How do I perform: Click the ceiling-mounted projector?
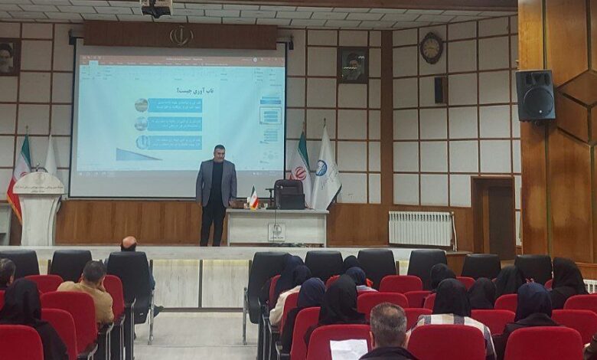click(x=156, y=8)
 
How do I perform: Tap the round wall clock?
click(x=431, y=47)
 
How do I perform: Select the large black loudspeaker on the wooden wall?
click(x=535, y=95)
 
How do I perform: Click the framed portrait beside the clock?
click(x=353, y=65)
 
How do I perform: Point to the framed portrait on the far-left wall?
click(x=7, y=57)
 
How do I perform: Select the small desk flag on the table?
click(x=253, y=198)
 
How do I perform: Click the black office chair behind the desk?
click(x=289, y=195)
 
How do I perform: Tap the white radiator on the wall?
click(x=420, y=228)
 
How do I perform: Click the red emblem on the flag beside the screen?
click(x=300, y=173)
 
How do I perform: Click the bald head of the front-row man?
click(x=129, y=244)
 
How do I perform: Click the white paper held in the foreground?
click(x=348, y=349)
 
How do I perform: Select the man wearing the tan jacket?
click(x=89, y=291)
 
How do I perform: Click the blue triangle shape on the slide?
click(x=138, y=155)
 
